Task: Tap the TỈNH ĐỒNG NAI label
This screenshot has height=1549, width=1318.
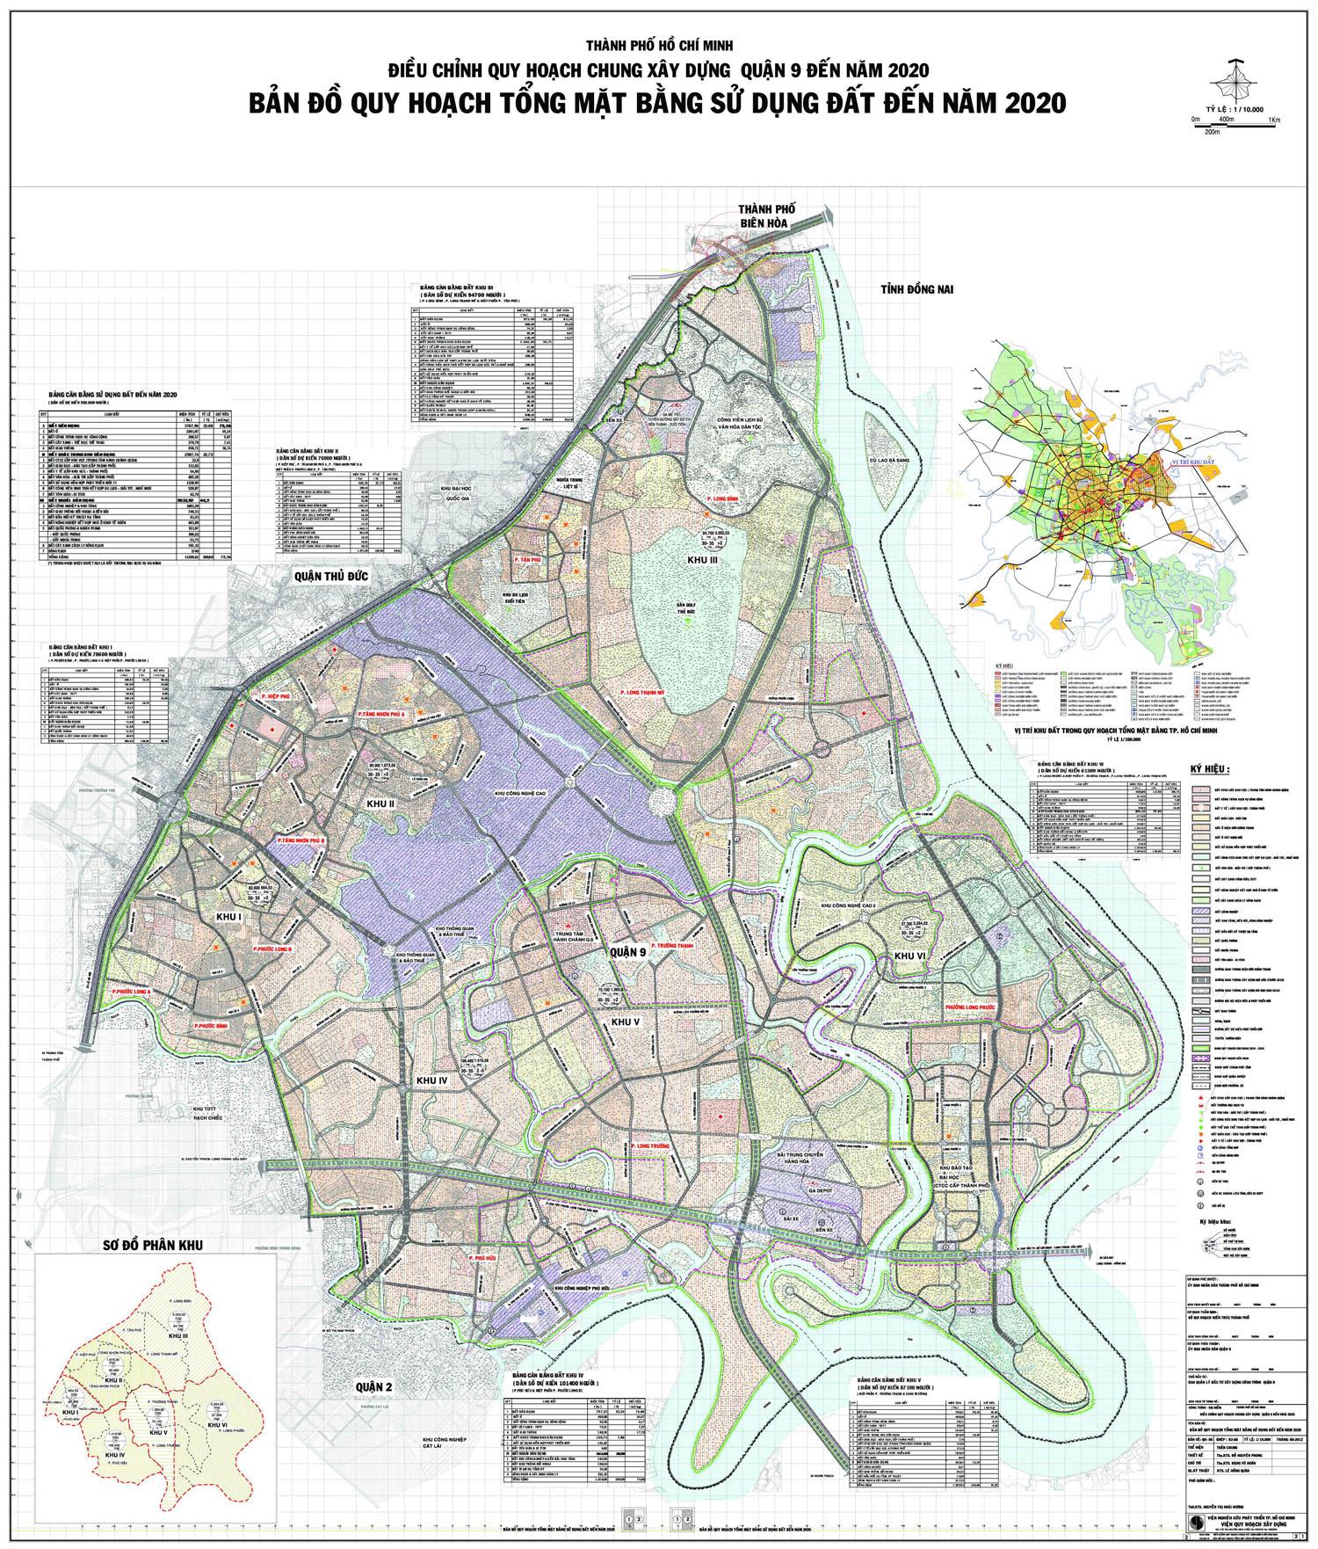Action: (913, 288)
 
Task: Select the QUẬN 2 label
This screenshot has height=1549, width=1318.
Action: (373, 1386)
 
